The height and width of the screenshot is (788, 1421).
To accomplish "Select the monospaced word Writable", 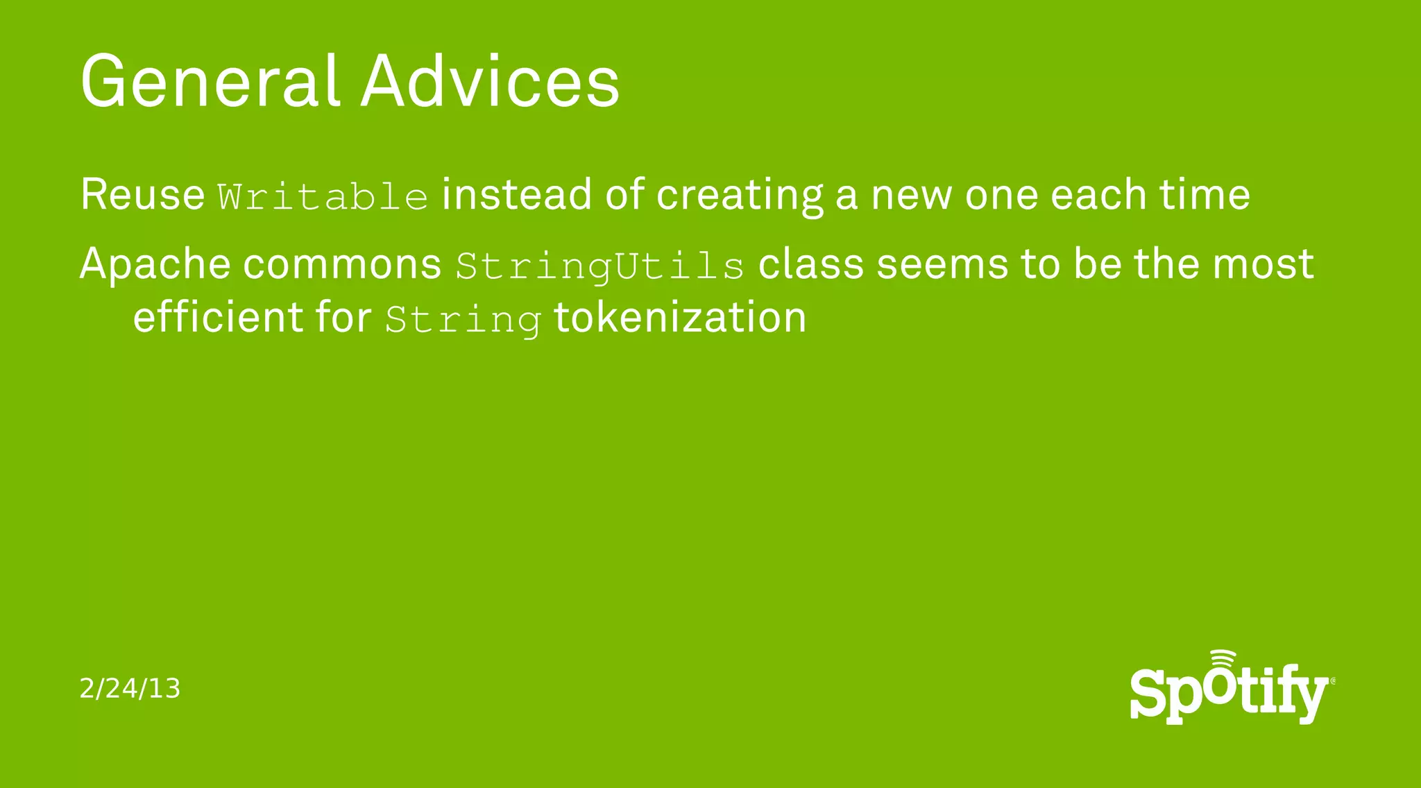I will [323, 196].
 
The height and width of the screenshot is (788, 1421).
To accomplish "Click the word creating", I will [740, 196].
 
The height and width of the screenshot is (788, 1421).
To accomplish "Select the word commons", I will [343, 265].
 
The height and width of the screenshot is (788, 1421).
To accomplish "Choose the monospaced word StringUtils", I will [600, 267].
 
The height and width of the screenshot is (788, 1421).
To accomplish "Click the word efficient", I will [218, 318].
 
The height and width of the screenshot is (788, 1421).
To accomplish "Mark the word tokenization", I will [680, 318].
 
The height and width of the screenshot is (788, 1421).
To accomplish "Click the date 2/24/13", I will [130, 689].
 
